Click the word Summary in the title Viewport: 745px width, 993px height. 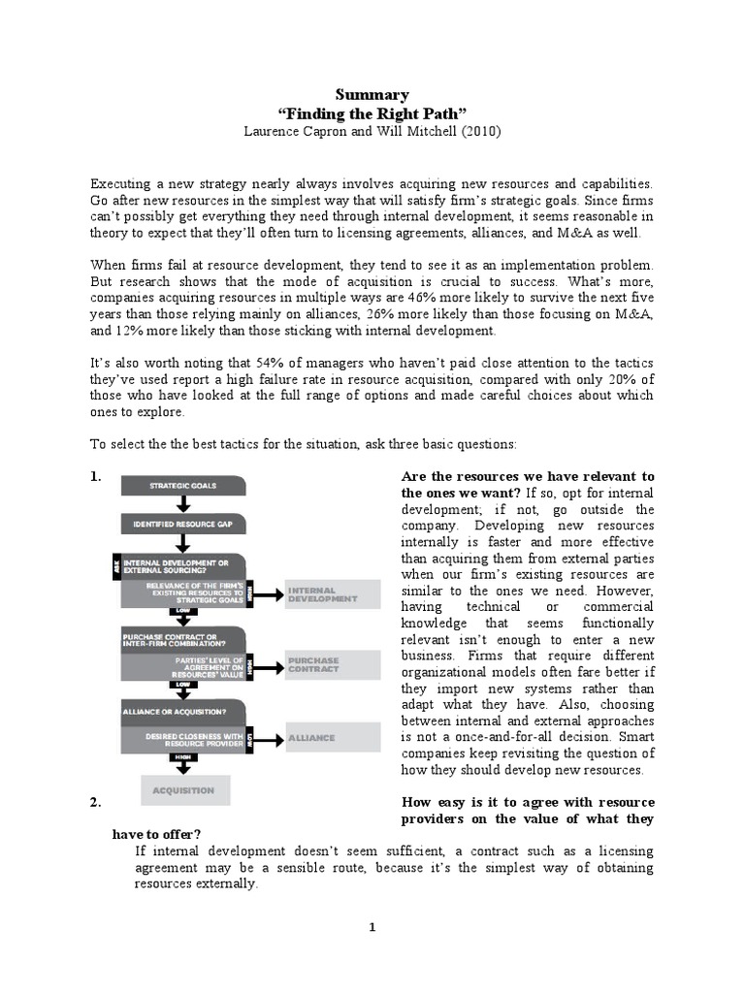(x=372, y=94)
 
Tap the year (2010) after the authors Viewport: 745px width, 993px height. (x=476, y=130)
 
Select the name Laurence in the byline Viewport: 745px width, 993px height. (x=274, y=130)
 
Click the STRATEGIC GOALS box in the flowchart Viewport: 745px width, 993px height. (x=183, y=485)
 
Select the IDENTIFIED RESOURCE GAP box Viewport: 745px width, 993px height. (x=183, y=525)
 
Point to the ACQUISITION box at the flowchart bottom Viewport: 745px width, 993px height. (x=185, y=790)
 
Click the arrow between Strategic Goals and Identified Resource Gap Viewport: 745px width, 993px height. (x=183, y=504)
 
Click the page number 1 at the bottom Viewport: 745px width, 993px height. (x=372, y=928)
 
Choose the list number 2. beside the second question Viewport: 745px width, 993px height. (x=96, y=802)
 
